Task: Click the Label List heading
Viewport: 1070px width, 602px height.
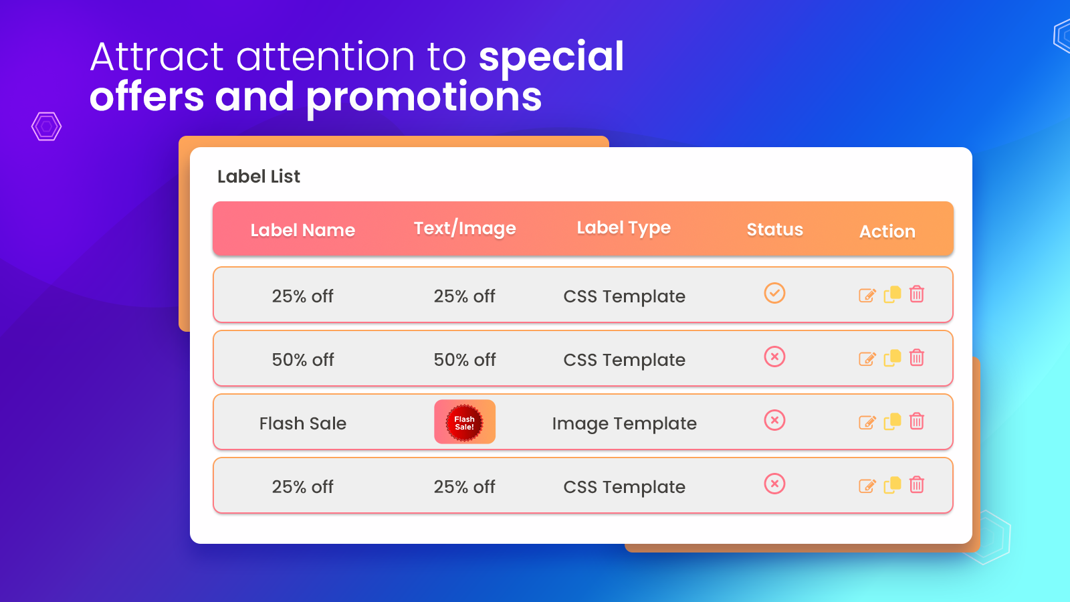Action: [258, 177]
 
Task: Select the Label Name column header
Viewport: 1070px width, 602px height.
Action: [303, 230]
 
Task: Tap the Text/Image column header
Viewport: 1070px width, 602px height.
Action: [465, 228]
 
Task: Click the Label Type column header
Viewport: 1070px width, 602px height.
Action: [624, 228]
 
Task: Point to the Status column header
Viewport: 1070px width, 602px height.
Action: [775, 229]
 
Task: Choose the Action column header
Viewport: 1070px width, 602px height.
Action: [887, 231]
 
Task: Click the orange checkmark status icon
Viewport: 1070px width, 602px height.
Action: [774, 293]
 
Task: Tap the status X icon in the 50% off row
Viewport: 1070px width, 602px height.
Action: [774, 357]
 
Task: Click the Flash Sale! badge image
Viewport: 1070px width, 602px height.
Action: [465, 422]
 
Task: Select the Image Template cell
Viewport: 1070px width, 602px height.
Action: [625, 423]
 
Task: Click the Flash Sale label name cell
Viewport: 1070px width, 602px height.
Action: [303, 423]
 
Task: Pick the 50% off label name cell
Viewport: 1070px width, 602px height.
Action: [303, 360]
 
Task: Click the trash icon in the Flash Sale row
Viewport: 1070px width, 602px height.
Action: [917, 421]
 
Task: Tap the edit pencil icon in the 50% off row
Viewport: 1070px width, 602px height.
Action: [867, 359]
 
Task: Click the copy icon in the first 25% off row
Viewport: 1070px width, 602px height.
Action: [892, 294]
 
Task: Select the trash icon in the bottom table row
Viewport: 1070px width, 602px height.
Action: [917, 484]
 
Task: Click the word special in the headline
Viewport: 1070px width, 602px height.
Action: [551, 58]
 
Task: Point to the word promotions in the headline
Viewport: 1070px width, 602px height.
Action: [424, 98]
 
